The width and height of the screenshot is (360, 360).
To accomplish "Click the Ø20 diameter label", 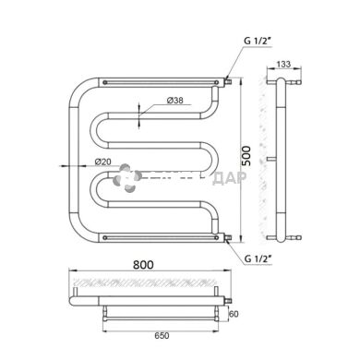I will (104, 161).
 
